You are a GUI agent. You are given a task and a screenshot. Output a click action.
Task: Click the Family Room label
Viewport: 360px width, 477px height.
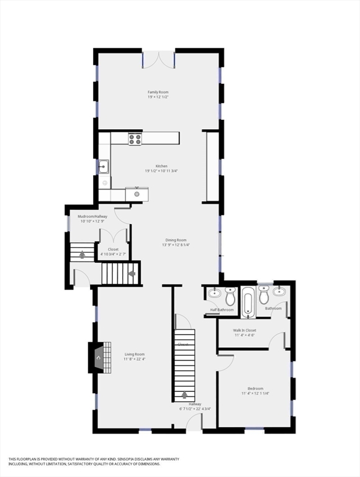tap(158, 92)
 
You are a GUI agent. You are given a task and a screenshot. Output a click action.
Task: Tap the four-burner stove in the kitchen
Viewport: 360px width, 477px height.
tap(135, 139)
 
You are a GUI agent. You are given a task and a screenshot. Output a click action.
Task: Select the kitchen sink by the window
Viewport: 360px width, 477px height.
tap(103, 166)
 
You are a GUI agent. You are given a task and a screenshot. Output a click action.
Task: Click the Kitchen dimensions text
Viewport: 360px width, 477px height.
tap(161, 171)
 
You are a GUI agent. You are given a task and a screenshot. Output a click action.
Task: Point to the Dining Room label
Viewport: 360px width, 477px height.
tap(176, 240)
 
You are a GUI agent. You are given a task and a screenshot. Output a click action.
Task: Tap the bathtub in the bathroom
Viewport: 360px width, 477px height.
tap(248, 301)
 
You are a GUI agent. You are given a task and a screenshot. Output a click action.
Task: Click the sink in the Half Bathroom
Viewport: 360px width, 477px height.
tap(214, 293)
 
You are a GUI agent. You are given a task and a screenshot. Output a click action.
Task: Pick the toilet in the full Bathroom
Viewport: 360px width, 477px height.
tap(264, 296)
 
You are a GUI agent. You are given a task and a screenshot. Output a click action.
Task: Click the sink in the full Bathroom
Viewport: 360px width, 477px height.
tap(279, 291)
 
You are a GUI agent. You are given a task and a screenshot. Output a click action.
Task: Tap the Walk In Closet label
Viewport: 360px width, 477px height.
tap(245, 330)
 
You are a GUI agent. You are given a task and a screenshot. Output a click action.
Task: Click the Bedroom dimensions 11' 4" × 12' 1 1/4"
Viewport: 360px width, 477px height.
tap(255, 393)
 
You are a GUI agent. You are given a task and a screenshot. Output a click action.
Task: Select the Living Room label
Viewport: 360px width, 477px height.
tap(134, 354)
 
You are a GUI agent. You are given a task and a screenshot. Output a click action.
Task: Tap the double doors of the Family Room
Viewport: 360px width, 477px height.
tap(158, 60)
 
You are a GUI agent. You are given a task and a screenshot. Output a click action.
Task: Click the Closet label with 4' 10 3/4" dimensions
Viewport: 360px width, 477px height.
tap(113, 249)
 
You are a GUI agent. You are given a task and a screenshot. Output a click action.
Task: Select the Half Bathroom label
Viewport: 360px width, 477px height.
tap(222, 309)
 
